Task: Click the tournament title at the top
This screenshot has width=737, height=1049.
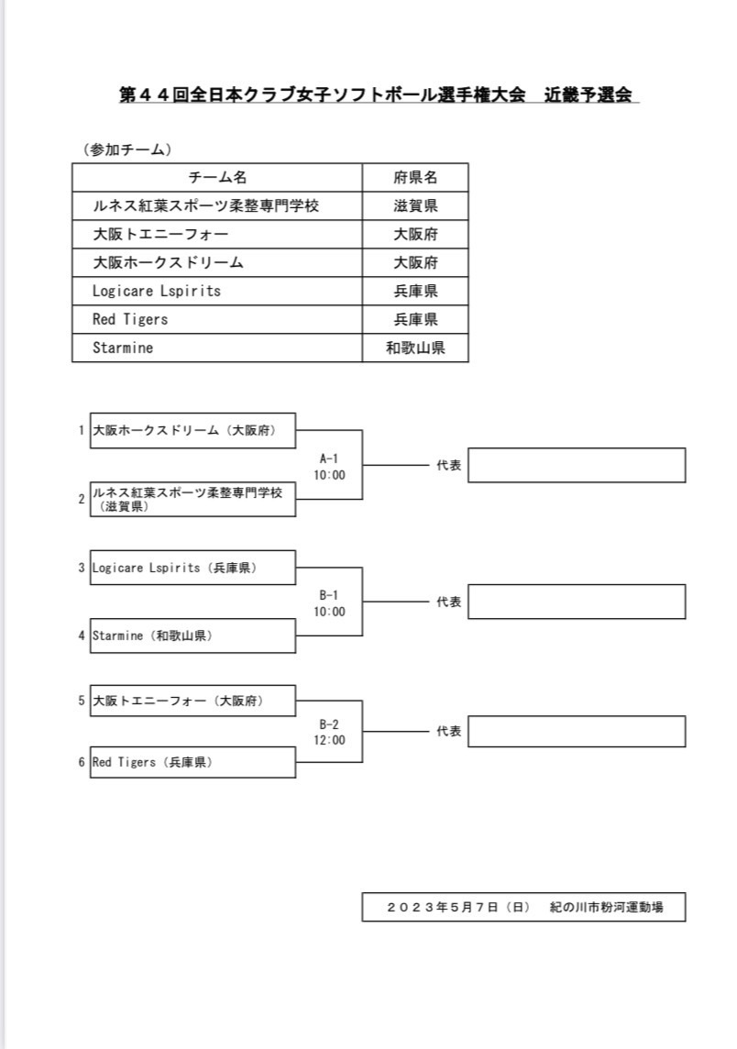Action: point(376,94)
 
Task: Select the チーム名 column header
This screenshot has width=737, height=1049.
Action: point(217,177)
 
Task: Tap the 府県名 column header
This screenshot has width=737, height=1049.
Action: point(415,177)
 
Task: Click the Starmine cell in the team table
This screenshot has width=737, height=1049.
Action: point(123,348)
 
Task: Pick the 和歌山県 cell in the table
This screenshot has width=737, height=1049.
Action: point(415,348)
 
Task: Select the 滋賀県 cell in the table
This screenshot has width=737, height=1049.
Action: point(415,206)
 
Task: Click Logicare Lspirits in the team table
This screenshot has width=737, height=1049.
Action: point(157,291)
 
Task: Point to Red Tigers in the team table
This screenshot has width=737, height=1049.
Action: point(130,319)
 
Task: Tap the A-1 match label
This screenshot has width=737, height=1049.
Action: point(329,458)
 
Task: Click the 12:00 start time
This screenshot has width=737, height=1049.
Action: point(330,740)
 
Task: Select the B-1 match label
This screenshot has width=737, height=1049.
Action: point(329,595)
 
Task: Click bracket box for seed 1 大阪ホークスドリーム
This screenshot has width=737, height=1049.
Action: point(192,430)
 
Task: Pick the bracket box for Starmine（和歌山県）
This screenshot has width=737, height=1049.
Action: point(192,635)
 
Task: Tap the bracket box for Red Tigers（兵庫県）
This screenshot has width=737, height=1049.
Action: point(192,762)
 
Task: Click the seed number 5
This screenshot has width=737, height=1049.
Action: point(82,701)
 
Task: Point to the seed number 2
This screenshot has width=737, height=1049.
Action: point(82,499)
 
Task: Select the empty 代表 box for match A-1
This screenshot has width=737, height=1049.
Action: point(577,465)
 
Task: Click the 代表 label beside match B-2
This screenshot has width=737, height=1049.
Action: point(449,731)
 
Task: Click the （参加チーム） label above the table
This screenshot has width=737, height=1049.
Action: point(127,149)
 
